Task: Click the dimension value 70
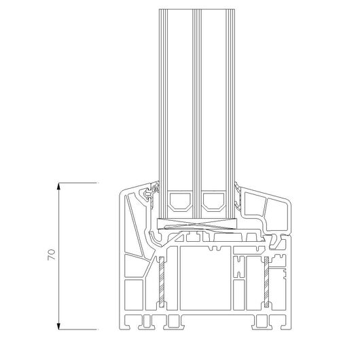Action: click(52, 255)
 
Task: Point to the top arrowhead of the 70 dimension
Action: click(59, 186)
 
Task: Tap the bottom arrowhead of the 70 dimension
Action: click(59, 326)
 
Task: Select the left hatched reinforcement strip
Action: click(162, 282)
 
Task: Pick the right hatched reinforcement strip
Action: click(266, 282)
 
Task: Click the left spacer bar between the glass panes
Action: click(180, 201)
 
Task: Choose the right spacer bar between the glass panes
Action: click(213, 201)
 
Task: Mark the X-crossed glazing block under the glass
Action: click(197, 223)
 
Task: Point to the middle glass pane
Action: click(197, 113)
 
